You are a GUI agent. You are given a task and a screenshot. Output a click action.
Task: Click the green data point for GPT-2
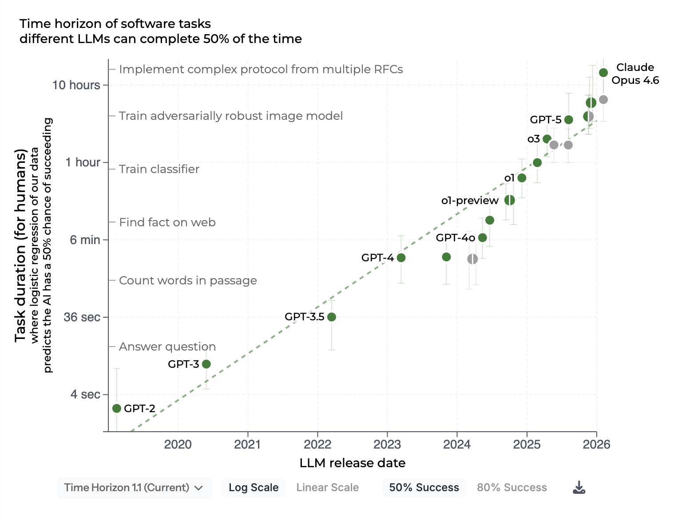point(117,408)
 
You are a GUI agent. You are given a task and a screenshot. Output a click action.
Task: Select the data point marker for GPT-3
point(206,364)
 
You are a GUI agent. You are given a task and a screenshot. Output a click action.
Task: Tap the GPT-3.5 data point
point(331,317)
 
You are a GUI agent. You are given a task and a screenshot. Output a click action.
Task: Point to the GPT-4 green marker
point(401,258)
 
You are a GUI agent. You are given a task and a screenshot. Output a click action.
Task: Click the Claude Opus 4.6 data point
point(603,73)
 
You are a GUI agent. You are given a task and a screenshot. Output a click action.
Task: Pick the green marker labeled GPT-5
point(568,120)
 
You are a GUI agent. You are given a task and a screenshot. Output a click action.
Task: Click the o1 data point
point(522,178)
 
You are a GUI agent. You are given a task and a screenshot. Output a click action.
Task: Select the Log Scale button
point(254,488)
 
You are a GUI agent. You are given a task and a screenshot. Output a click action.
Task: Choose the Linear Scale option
point(327,488)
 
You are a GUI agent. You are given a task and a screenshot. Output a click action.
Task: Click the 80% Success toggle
point(511,488)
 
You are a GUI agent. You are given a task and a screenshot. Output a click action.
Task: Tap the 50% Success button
point(424,488)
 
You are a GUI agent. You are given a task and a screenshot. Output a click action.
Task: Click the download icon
point(579,488)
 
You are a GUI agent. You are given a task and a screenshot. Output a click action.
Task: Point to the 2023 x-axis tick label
point(387,444)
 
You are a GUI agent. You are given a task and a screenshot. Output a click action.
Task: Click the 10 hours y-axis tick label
point(76,85)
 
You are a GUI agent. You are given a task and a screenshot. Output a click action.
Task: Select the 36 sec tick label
point(82,317)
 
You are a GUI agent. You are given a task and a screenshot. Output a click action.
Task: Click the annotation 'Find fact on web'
point(167,222)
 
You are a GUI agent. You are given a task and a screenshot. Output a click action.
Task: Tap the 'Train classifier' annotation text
point(159,169)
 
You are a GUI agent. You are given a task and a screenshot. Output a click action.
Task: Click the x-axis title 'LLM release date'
point(353,463)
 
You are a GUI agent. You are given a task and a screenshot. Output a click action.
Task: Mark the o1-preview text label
point(470,201)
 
